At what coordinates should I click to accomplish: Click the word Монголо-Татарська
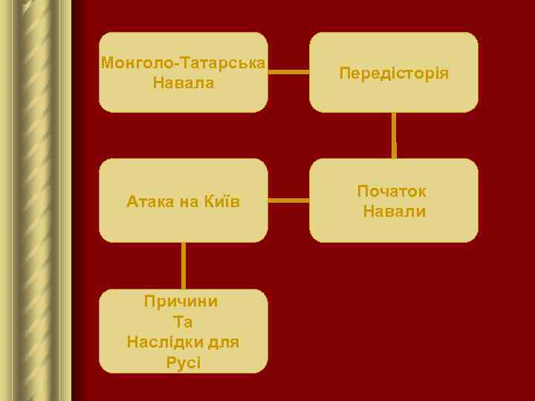tap(183, 62)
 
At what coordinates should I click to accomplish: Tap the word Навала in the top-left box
tap(184, 82)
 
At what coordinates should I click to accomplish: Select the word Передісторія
tap(394, 73)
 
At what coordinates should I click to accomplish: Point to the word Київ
tap(221, 201)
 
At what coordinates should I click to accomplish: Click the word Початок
tap(392, 191)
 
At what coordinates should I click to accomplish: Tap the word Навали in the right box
tap(395, 212)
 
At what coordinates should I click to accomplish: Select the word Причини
tap(181, 301)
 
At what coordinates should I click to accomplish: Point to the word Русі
tap(184, 363)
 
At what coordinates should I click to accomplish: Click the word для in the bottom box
tap(224, 342)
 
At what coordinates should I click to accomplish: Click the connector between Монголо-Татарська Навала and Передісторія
tap(288, 72)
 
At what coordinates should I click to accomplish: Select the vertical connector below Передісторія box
tap(394, 134)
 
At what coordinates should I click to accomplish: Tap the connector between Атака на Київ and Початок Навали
tap(288, 200)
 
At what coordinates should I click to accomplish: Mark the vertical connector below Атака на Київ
tap(183, 265)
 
